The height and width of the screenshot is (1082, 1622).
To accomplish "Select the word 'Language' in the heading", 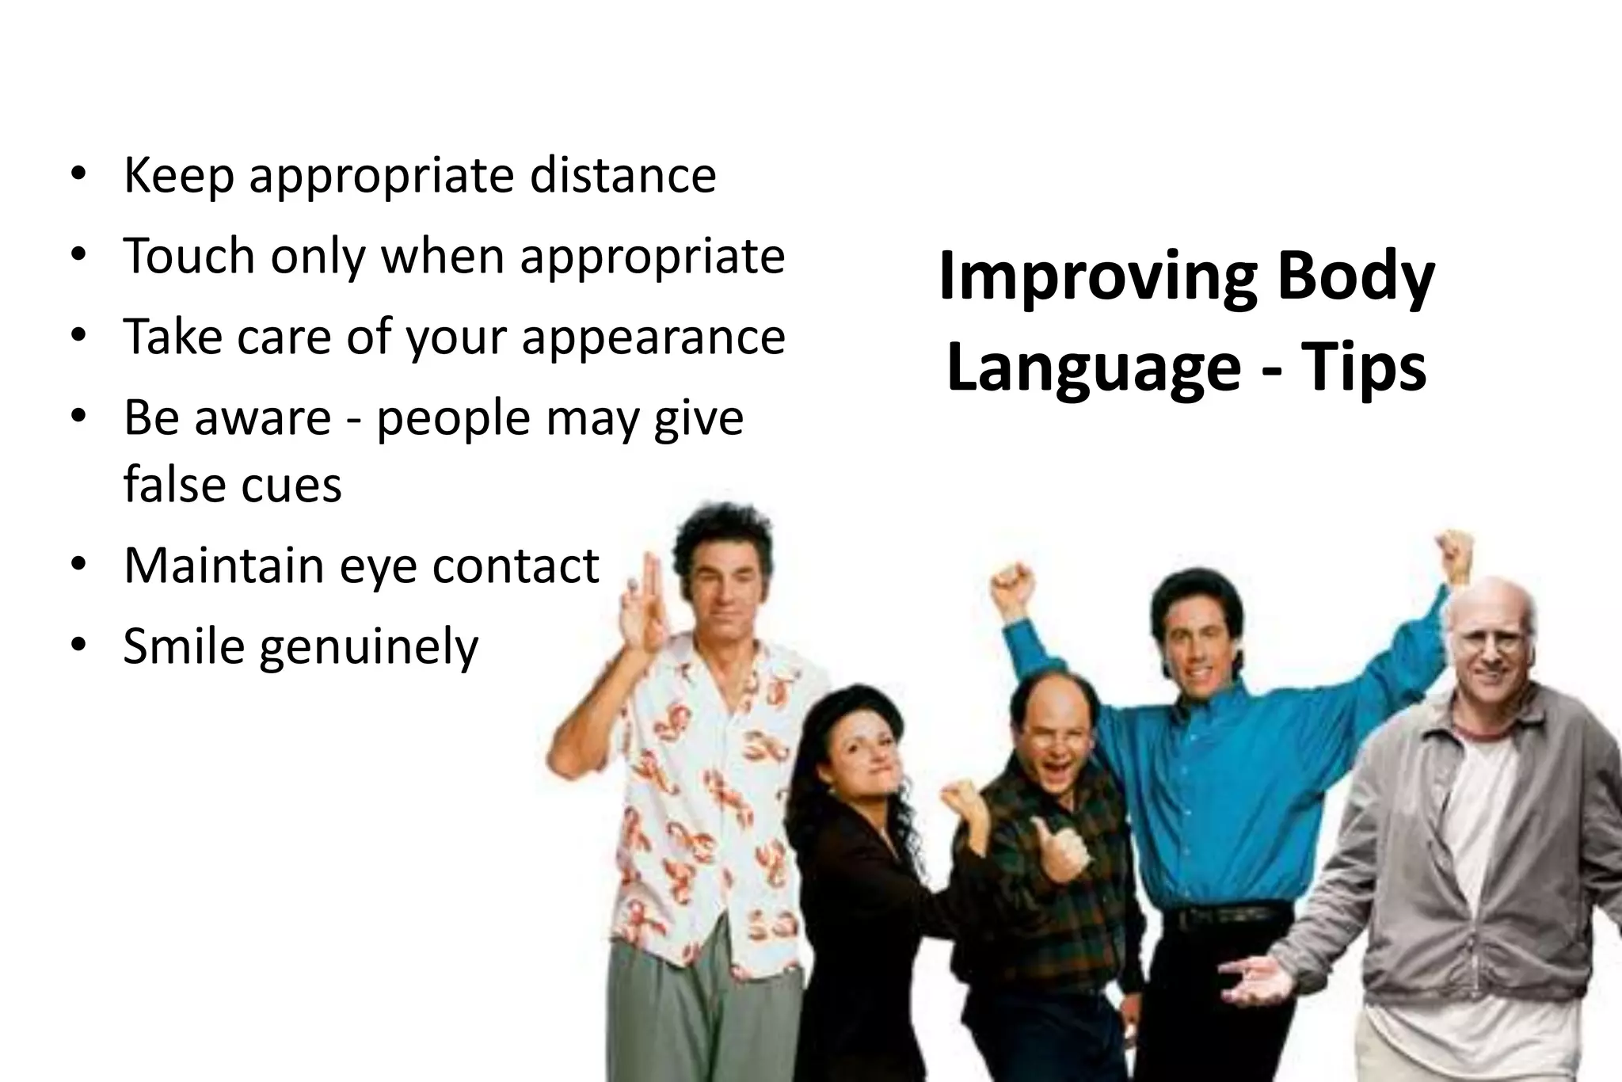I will (x=1093, y=368).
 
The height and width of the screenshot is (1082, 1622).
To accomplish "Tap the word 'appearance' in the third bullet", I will (x=653, y=337).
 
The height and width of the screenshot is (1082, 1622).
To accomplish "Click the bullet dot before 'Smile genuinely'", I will (x=77, y=645).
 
